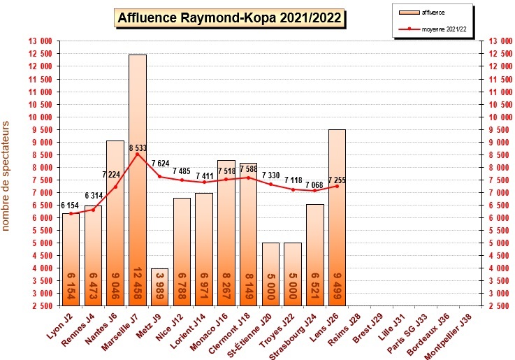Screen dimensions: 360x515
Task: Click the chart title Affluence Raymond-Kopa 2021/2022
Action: pos(229,17)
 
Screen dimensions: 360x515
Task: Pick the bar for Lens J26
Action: pos(337,217)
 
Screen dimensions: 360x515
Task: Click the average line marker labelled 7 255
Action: pos(337,186)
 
